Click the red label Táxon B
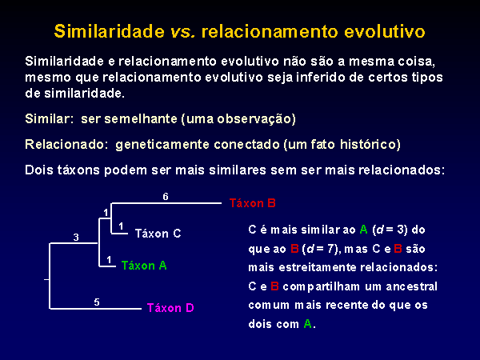[x=253, y=203]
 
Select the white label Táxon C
[x=158, y=234]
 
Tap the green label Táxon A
[x=144, y=265]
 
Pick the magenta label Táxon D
[x=170, y=307]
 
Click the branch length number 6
[x=166, y=196]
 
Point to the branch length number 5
[x=97, y=302]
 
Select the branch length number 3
[x=76, y=237]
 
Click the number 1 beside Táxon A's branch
[x=109, y=259]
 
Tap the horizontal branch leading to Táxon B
[x=166, y=202]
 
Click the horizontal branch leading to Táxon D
[x=95, y=308]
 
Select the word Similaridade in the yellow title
[x=110, y=31]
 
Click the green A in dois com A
[x=308, y=323]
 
